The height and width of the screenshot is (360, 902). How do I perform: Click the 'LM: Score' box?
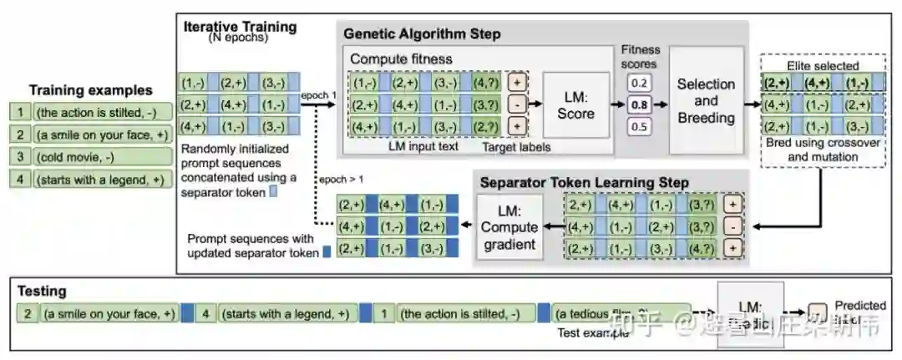pyautogui.click(x=575, y=105)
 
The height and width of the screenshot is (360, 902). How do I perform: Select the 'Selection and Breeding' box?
pyautogui.click(x=706, y=100)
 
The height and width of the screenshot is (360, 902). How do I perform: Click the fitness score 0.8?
pyautogui.click(x=641, y=105)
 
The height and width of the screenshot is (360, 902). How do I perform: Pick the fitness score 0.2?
pyautogui.click(x=641, y=84)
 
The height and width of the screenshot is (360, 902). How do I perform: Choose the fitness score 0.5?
pyautogui.click(x=641, y=127)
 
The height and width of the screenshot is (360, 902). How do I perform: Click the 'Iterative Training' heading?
pyautogui.click(x=240, y=27)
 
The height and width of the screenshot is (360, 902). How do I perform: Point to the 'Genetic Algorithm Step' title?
pyautogui.click(x=423, y=34)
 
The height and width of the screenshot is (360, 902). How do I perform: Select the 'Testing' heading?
pyautogui.click(x=43, y=292)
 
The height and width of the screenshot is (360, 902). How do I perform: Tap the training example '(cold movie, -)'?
pyautogui.click(x=74, y=156)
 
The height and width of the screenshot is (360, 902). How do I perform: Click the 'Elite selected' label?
pyautogui.click(x=823, y=66)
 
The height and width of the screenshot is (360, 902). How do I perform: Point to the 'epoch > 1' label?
pyautogui.click(x=341, y=179)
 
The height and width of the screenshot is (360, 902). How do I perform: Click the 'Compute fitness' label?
pyautogui.click(x=401, y=59)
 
